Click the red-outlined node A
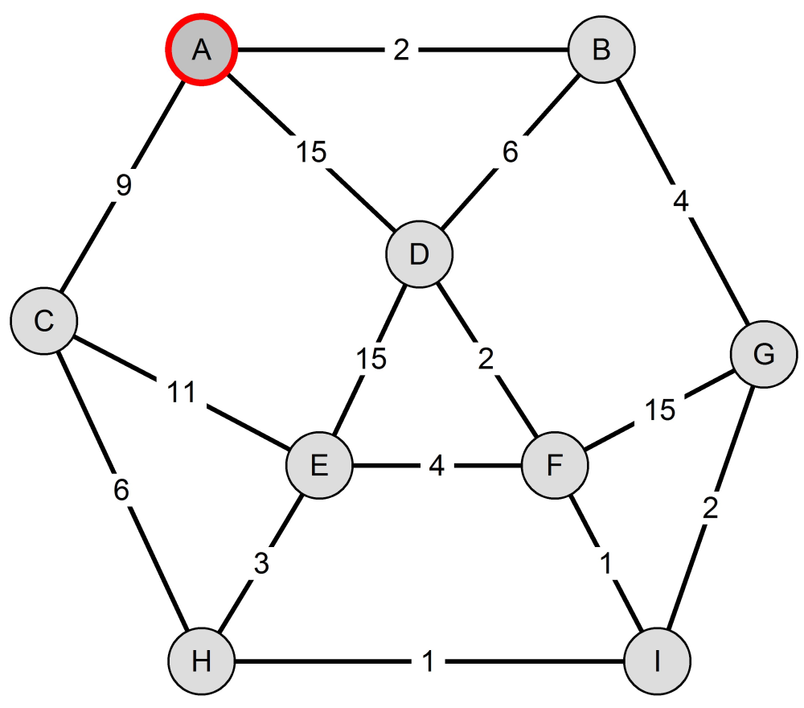(201, 50)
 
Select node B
(601, 50)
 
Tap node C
(44, 321)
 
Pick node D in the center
(420, 254)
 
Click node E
(319, 465)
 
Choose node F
(555, 465)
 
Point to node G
(764, 354)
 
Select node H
(202, 661)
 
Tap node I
(658, 661)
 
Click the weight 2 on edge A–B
(401, 50)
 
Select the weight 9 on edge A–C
(124, 185)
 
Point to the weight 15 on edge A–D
(311, 152)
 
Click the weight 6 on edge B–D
(511, 152)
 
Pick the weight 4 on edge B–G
(681, 201)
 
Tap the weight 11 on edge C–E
(182, 393)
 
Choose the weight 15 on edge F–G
(660, 410)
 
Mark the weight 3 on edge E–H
(261, 563)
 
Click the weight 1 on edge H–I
(429, 661)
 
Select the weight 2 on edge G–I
(711, 508)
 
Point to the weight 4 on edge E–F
(437, 465)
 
